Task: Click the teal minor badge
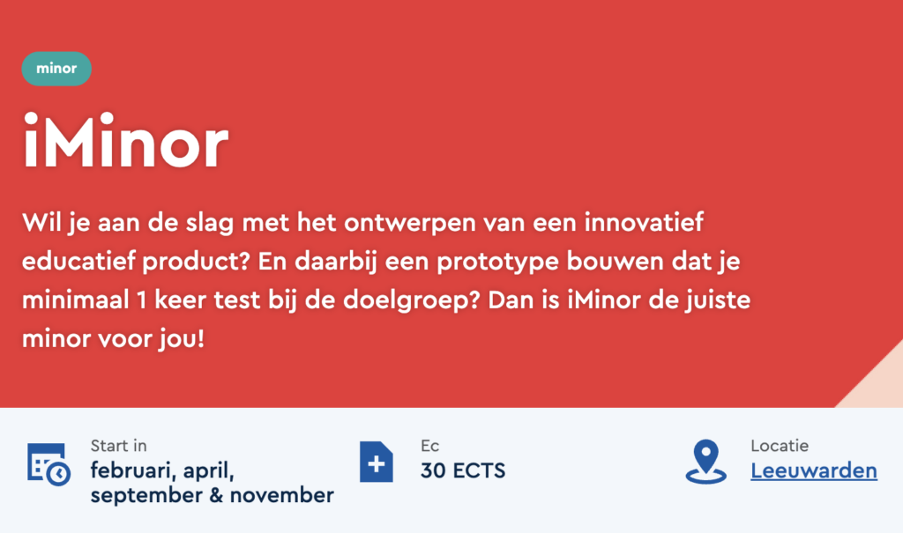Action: pos(56,69)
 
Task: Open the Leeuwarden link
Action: pos(814,470)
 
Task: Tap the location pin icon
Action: pos(706,462)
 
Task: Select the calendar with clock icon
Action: pos(49,464)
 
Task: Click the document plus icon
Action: pos(376,462)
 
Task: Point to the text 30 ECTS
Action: pos(463,470)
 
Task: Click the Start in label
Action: pos(119,446)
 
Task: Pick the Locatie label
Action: pos(780,446)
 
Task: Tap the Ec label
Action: pos(429,446)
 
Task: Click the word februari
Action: pos(132,471)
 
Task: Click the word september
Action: pos(146,496)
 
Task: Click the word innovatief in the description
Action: pos(644,222)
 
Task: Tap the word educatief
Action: pos(78,262)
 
